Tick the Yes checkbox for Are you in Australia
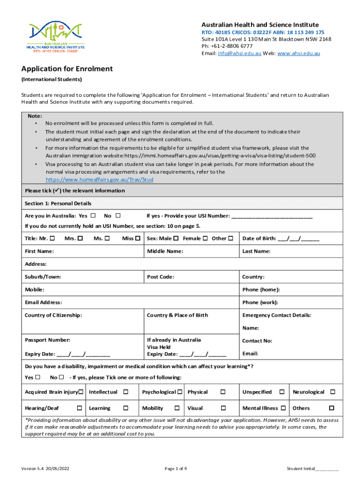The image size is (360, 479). [x=93, y=216]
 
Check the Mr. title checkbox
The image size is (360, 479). [x=52, y=238]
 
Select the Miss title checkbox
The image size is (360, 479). [x=138, y=238]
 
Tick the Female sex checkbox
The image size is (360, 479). [x=205, y=238]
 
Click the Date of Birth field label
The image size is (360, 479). [x=259, y=239]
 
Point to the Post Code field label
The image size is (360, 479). [x=160, y=277]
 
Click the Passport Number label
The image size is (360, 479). [x=47, y=340]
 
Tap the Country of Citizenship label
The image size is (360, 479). [x=53, y=315]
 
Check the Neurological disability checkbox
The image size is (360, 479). [x=333, y=392]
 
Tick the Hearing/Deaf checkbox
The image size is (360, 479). [x=79, y=408]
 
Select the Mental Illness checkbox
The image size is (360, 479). [x=282, y=408]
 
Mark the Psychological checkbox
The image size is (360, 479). [x=179, y=392]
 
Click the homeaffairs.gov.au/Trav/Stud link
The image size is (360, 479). [x=99, y=180]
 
